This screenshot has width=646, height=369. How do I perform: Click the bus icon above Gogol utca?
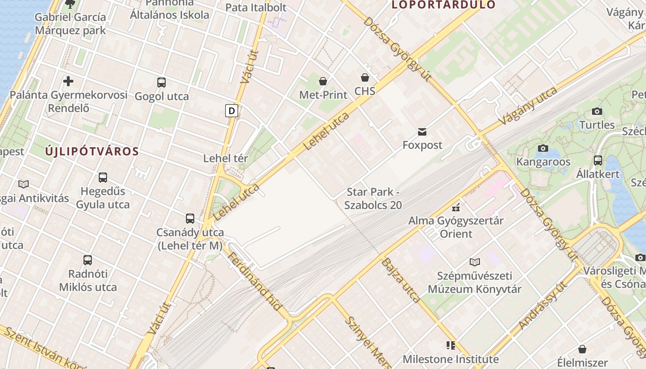click(x=161, y=83)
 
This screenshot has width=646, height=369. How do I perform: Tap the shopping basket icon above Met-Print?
click(x=323, y=81)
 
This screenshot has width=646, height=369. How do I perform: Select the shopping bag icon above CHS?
click(x=365, y=77)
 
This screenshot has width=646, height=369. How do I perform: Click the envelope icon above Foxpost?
click(x=422, y=132)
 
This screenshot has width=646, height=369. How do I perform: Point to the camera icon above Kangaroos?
click(x=543, y=149)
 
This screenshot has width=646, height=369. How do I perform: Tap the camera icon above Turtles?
click(x=597, y=111)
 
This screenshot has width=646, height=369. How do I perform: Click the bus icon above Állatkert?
click(x=598, y=161)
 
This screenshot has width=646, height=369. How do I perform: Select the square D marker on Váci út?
click(x=232, y=111)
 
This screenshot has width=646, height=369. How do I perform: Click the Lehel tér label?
click(x=226, y=158)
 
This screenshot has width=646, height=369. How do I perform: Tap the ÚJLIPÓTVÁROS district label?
click(x=92, y=151)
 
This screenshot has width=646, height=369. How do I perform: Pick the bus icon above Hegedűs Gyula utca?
click(x=103, y=178)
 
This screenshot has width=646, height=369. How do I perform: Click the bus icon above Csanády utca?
click(x=190, y=219)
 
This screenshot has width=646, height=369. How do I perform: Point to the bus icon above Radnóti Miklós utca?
click(x=88, y=260)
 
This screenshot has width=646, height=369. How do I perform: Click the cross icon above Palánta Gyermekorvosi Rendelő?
click(x=68, y=82)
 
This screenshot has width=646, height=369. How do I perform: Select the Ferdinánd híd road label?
click(x=255, y=281)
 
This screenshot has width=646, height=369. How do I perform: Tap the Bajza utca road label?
click(x=401, y=280)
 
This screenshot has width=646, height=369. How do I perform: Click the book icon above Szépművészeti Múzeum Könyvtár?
click(x=475, y=262)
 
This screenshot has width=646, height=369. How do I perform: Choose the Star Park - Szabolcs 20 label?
click(x=374, y=198)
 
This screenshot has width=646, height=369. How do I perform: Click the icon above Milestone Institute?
click(x=450, y=345)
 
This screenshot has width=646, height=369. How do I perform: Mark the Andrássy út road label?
click(x=543, y=307)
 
